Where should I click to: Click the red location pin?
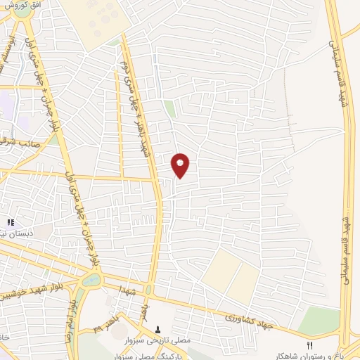[x=181, y=165]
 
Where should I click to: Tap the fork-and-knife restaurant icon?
[x=309, y=345]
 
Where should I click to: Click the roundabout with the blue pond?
[x=91, y=280]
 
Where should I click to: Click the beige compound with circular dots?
[x=94, y=18]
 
